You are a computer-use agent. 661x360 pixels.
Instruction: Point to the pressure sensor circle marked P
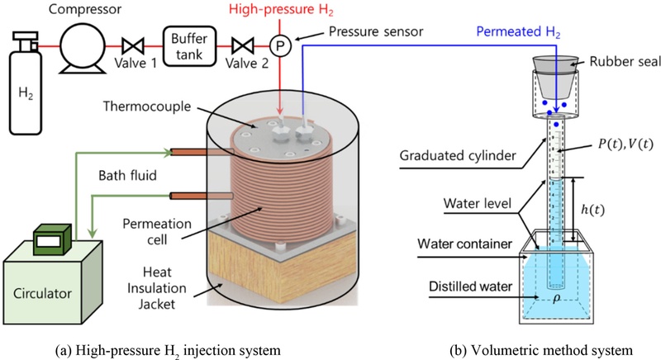click(279, 46)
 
